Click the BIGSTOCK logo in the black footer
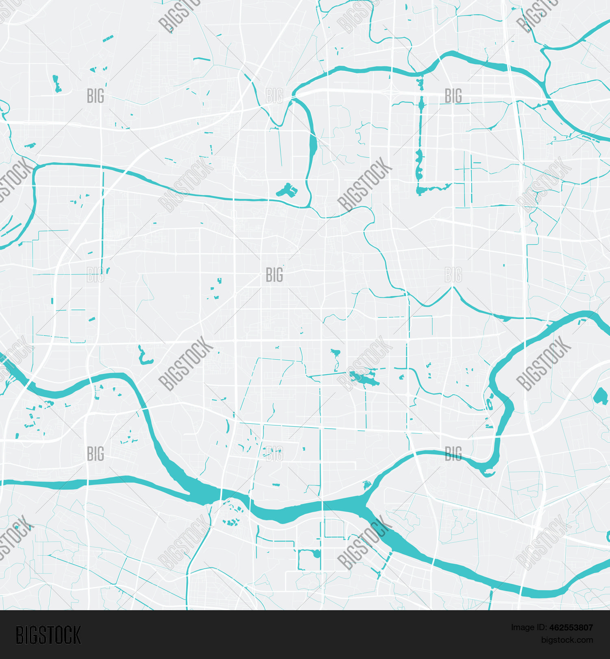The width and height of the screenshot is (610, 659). (48, 635)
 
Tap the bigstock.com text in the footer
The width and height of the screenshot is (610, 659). (567, 640)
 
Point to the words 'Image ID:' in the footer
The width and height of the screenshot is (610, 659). (528, 628)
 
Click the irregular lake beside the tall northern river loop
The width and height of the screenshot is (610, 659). (287, 190)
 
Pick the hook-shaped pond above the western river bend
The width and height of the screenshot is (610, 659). (143, 357)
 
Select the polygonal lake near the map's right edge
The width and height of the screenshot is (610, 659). (600, 396)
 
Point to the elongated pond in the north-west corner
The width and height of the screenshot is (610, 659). (56, 83)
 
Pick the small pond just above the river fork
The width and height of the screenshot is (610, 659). (366, 484)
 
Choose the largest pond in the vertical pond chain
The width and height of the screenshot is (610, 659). (419, 165)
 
